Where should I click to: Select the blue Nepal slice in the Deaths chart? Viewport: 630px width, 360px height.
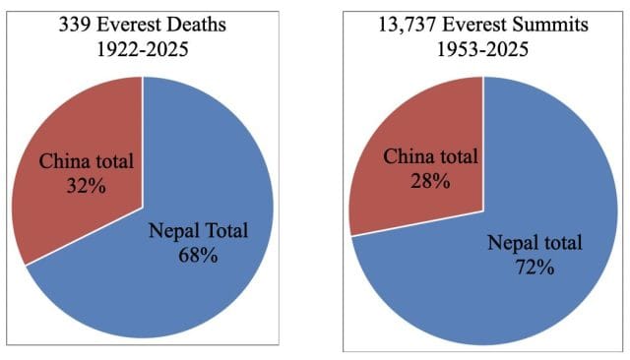167,295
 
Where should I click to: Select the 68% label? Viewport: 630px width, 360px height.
198,257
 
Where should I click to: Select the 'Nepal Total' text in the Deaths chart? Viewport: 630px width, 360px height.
198,233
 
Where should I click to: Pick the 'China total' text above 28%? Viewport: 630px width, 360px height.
431,155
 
